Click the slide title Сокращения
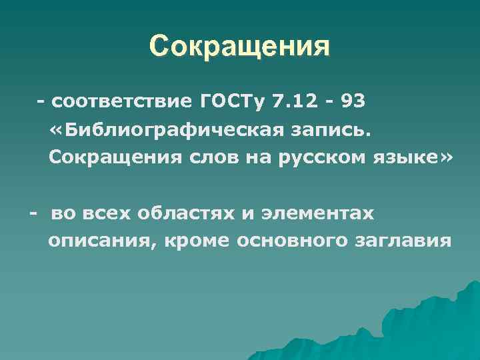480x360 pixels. [239, 47]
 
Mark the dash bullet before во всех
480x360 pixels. [33, 214]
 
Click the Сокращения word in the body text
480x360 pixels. [99, 159]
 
